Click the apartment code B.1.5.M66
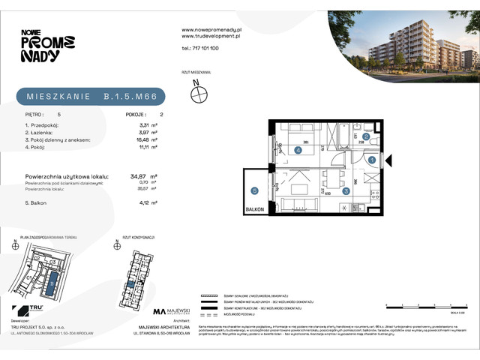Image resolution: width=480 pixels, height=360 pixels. click(130, 97)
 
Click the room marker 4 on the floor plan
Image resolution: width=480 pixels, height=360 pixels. click(298, 151)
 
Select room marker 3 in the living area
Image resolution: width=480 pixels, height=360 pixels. click(346, 191)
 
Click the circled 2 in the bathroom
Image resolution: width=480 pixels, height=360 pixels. click(365, 137)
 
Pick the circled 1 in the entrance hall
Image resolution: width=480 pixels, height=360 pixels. click(372, 160)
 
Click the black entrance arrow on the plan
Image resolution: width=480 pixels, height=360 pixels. click(388, 160)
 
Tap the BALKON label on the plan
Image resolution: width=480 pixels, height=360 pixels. click(254, 211)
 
